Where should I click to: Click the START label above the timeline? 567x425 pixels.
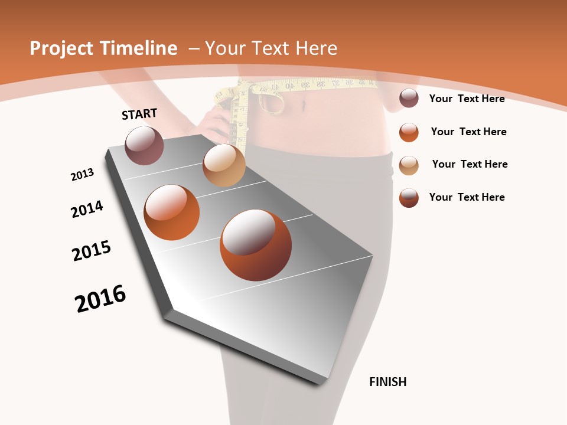click(139, 113)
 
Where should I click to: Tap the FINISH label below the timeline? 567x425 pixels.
click(387, 382)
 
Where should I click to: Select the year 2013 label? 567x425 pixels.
click(82, 175)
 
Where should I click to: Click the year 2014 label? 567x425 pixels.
click(87, 210)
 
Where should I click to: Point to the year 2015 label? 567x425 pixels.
click(92, 250)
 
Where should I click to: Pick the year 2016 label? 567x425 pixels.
click(100, 299)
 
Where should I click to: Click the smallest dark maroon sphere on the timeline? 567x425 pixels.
click(144, 145)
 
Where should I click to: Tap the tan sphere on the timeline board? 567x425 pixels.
click(224, 165)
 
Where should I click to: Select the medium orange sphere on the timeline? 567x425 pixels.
click(172, 212)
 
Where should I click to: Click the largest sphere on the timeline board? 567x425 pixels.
click(256, 245)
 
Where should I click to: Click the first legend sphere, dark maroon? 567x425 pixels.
click(409, 99)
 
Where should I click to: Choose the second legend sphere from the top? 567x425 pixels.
click(409, 132)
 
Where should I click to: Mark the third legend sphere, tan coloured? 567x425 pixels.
click(409, 165)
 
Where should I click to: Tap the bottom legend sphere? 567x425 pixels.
click(409, 198)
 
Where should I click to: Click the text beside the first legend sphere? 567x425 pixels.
click(467, 99)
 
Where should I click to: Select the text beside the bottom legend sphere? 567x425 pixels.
click(467, 197)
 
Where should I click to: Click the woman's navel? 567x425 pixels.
click(305, 106)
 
